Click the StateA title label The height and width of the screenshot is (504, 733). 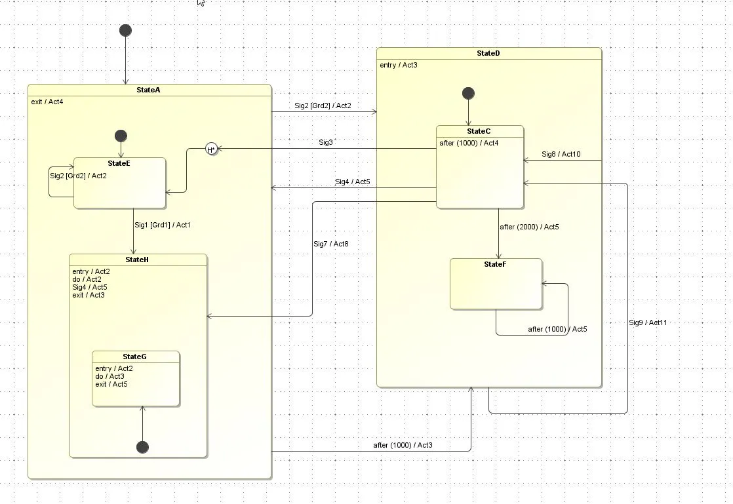pos(148,90)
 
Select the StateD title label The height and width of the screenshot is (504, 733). pos(488,53)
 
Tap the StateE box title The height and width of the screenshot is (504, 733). pos(119,163)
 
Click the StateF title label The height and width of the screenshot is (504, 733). pos(495,264)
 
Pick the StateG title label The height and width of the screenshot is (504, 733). pos(135,357)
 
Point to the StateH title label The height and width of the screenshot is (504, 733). pos(137,260)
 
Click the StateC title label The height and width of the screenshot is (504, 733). pos(479,131)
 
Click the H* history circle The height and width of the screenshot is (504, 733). pos(211,149)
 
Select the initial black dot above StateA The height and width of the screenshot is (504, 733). pos(125,30)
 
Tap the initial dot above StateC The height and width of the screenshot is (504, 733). pos(468,93)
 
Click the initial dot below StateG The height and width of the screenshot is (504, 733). pos(142,447)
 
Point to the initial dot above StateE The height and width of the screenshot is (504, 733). pos(121,136)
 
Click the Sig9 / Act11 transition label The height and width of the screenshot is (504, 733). pos(648,322)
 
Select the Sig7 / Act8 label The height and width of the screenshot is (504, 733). pos(331,244)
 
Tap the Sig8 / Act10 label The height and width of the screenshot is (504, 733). pos(561,155)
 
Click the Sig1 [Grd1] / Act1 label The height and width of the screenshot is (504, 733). pos(163,225)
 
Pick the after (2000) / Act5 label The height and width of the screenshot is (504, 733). pos(529,227)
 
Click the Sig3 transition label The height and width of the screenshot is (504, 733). pos(326,142)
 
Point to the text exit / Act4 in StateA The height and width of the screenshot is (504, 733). pos(47,102)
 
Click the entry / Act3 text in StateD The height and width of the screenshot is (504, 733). pos(399,65)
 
